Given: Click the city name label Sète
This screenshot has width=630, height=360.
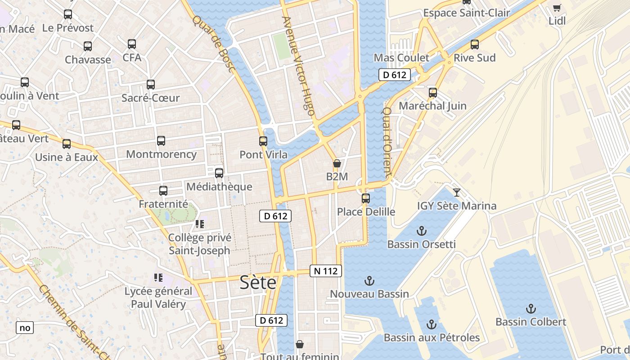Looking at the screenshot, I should coord(258,282).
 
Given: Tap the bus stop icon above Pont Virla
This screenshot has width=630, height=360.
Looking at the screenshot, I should coord(263,141).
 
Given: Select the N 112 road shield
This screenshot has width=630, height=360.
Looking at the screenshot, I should coord(326,271).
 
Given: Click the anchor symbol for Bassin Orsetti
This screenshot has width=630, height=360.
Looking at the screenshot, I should coord(421,231).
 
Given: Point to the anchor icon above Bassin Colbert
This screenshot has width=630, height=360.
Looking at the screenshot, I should coord(531,309).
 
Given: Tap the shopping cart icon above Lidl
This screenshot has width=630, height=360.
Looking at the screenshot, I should coord(557,8).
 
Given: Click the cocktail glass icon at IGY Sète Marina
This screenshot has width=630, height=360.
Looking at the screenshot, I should coord(457,193).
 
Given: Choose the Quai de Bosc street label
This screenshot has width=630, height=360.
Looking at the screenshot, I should coord(214,44).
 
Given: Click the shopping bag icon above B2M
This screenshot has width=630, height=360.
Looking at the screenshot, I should coord(337,163).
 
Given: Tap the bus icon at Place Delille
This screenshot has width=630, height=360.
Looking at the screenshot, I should coord(366,198).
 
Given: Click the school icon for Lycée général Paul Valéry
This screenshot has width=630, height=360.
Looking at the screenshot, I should coord(158,278).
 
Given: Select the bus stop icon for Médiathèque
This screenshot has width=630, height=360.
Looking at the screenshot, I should coord(219,173).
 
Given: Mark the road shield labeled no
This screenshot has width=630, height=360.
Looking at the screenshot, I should coord(25,328).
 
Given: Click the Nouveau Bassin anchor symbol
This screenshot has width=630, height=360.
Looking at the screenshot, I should coord(369,281).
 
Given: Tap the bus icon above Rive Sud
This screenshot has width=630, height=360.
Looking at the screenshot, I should coord(474,45).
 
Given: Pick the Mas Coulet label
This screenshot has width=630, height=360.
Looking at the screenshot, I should coord(401,58).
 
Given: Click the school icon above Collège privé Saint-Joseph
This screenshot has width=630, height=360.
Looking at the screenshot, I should coord(199,224).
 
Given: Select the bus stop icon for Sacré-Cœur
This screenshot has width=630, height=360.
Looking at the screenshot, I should coord(151,85).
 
